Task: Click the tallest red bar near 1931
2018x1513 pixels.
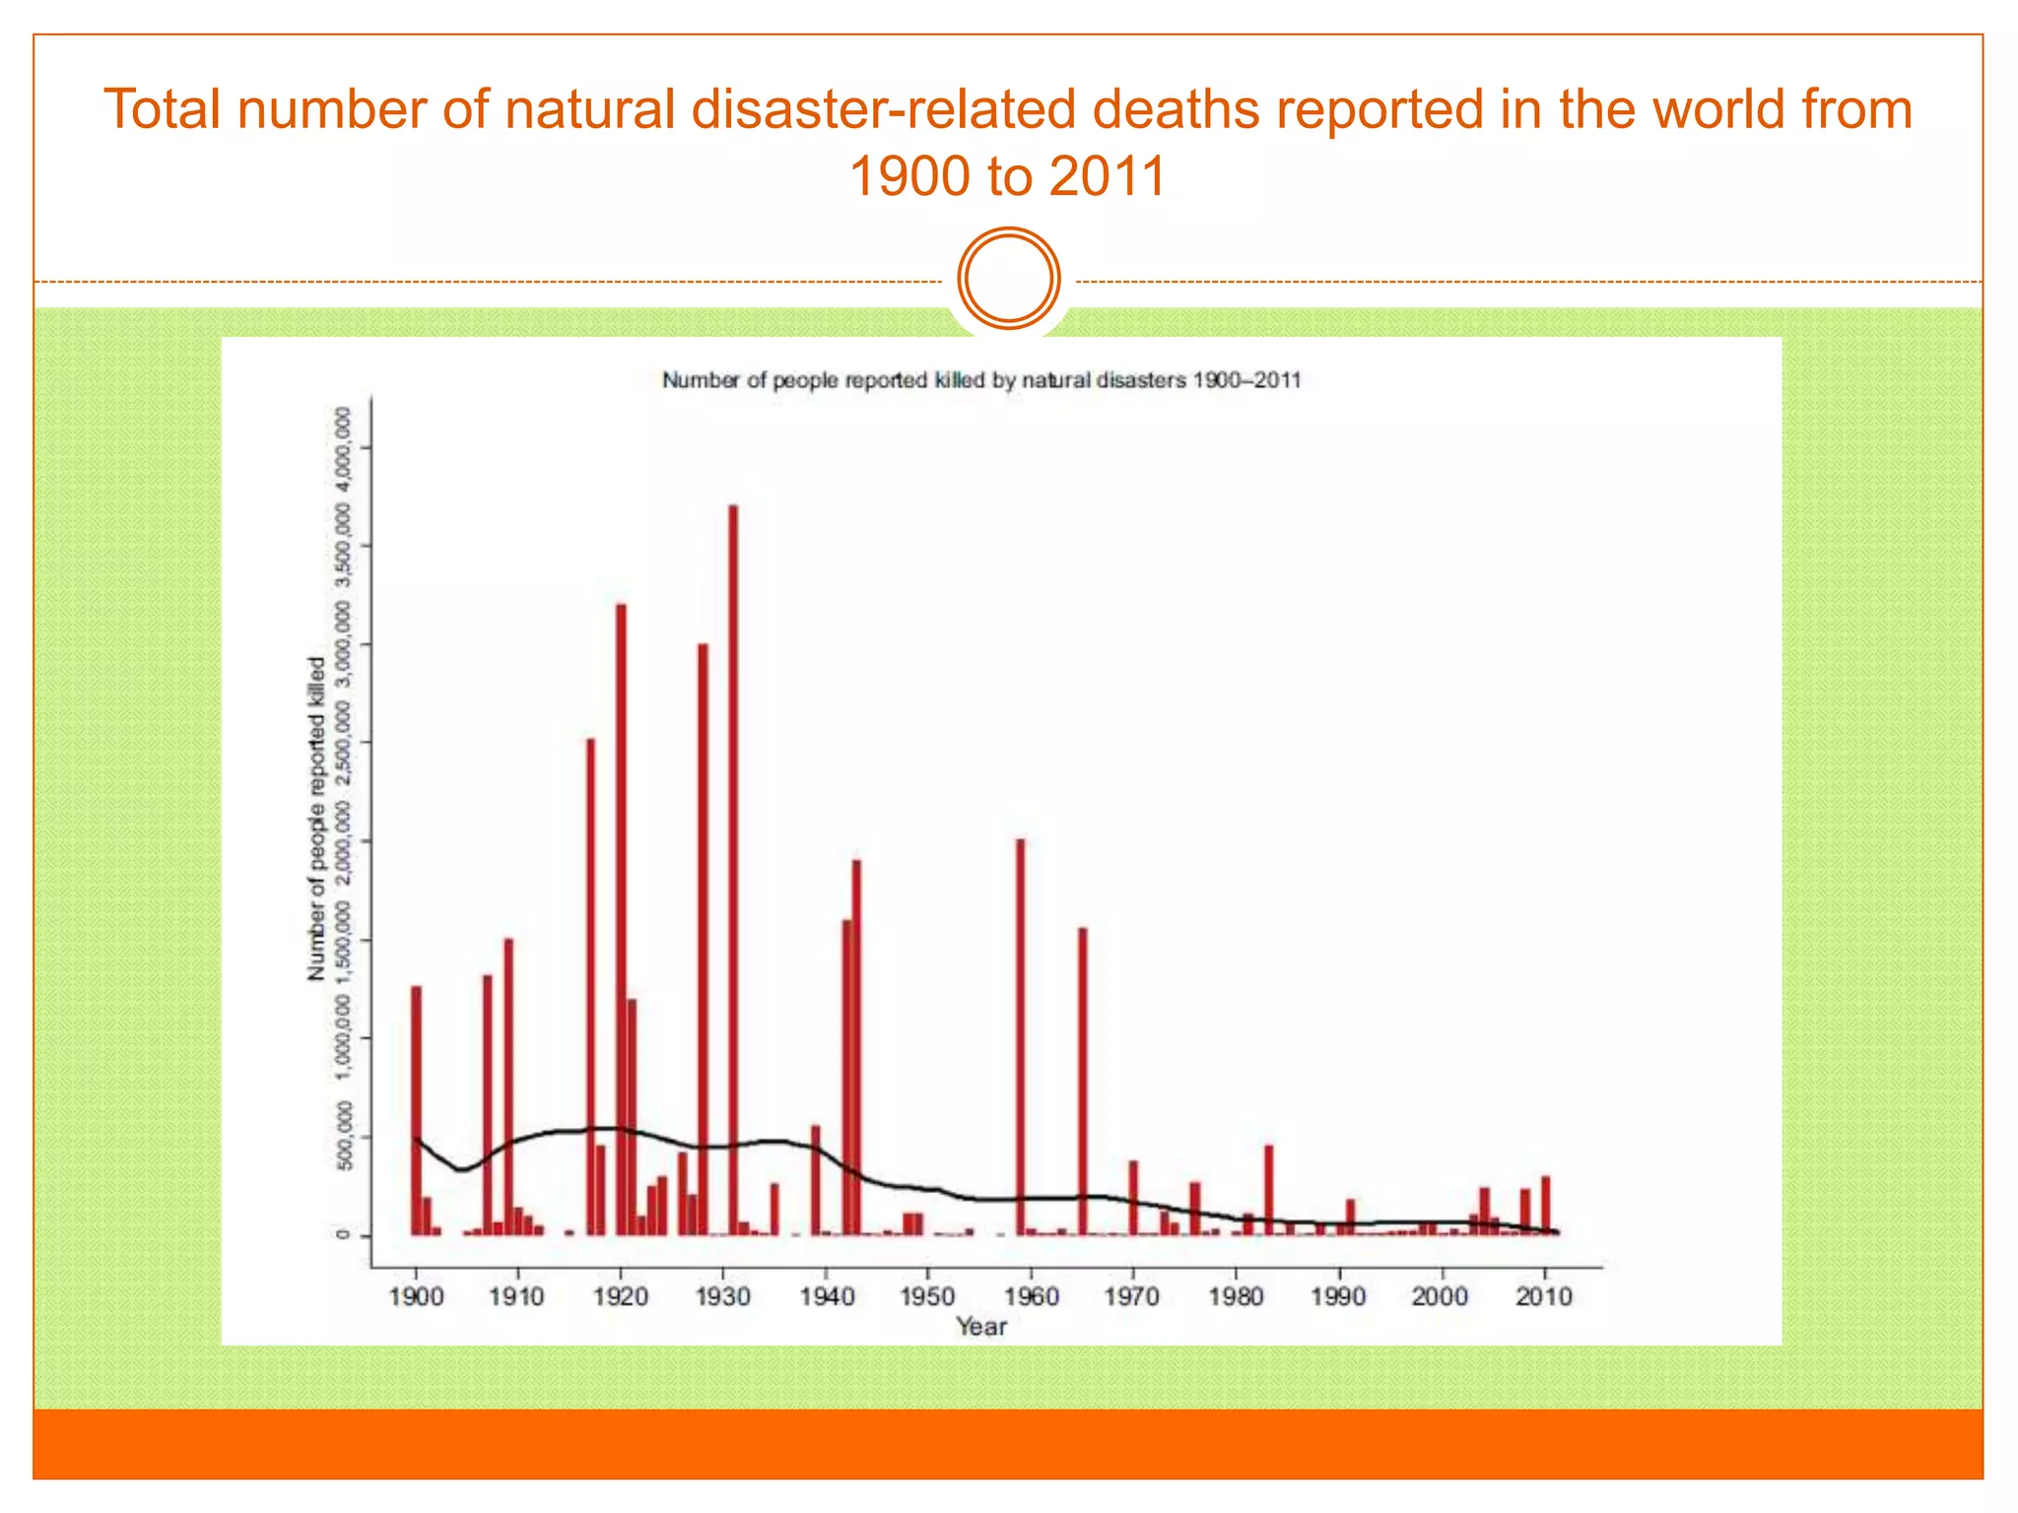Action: point(733,867)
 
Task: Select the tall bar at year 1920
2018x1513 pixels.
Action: point(621,916)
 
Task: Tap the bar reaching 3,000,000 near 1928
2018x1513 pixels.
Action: point(703,936)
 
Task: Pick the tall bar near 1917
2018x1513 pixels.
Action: point(590,985)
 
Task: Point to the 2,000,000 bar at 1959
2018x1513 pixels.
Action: point(1021,1034)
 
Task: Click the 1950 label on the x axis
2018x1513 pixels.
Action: point(927,1296)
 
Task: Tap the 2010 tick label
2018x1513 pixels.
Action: point(1544,1296)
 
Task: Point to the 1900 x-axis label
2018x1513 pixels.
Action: point(416,1296)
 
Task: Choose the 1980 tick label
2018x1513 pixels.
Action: point(1236,1296)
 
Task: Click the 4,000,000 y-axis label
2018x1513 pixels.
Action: point(343,449)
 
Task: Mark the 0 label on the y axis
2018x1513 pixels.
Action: point(343,1235)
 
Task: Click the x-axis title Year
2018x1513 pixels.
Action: point(981,1327)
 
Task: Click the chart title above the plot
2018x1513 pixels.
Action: point(981,380)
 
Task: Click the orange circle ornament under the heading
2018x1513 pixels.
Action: point(1008,279)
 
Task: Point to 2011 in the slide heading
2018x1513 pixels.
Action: point(1108,177)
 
